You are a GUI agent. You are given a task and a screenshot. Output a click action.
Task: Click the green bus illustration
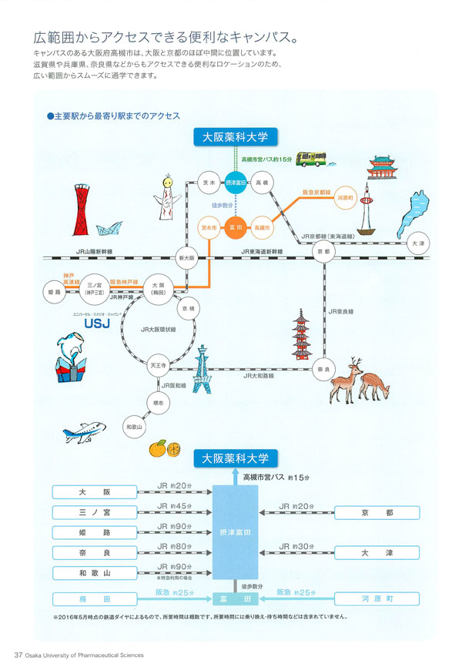[312, 159]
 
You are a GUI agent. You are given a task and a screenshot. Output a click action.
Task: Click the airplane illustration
[85, 433]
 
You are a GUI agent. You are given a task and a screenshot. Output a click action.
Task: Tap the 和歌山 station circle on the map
[135, 426]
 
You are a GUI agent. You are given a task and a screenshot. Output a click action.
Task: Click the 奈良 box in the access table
[95, 552]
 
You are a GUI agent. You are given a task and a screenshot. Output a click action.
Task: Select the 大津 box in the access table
[377, 552]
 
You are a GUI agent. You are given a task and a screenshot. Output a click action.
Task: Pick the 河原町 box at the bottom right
[377, 598]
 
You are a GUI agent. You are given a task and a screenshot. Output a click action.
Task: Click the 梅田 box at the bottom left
[95, 598]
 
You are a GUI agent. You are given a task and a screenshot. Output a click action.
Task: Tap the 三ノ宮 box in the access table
[95, 512]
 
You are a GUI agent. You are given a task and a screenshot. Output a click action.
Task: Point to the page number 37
[19, 655]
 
